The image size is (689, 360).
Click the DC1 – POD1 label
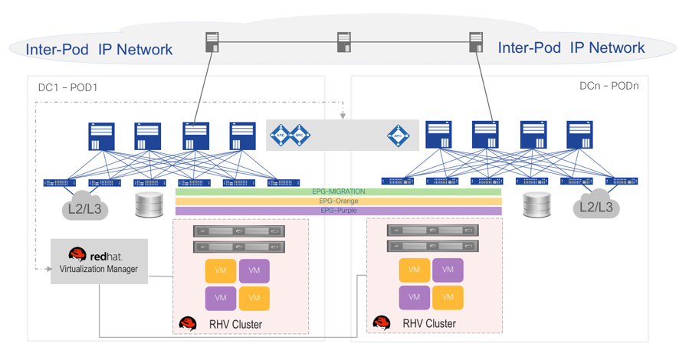click(68, 87)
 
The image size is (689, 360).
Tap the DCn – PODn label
click(609, 86)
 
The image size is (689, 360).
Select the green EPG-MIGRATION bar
click(338, 191)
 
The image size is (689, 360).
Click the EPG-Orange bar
click(338, 201)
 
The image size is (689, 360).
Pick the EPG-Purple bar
click(338, 211)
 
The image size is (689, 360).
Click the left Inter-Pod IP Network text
click(99, 50)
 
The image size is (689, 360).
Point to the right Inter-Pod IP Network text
click(571, 48)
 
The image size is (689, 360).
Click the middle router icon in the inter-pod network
click(344, 42)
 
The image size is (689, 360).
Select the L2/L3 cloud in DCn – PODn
click(595, 205)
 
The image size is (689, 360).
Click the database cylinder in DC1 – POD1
click(149, 205)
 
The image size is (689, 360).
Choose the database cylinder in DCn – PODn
click(536, 205)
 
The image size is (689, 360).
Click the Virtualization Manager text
click(99, 269)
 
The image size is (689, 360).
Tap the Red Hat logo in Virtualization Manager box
click(77, 255)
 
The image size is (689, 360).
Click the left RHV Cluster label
click(235, 325)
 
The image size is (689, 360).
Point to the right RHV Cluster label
click(429, 323)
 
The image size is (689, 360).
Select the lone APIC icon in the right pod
click(398, 136)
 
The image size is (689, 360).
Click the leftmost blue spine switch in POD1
click(102, 136)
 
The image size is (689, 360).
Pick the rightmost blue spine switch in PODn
click(579, 135)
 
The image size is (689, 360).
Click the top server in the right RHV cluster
click(433, 231)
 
